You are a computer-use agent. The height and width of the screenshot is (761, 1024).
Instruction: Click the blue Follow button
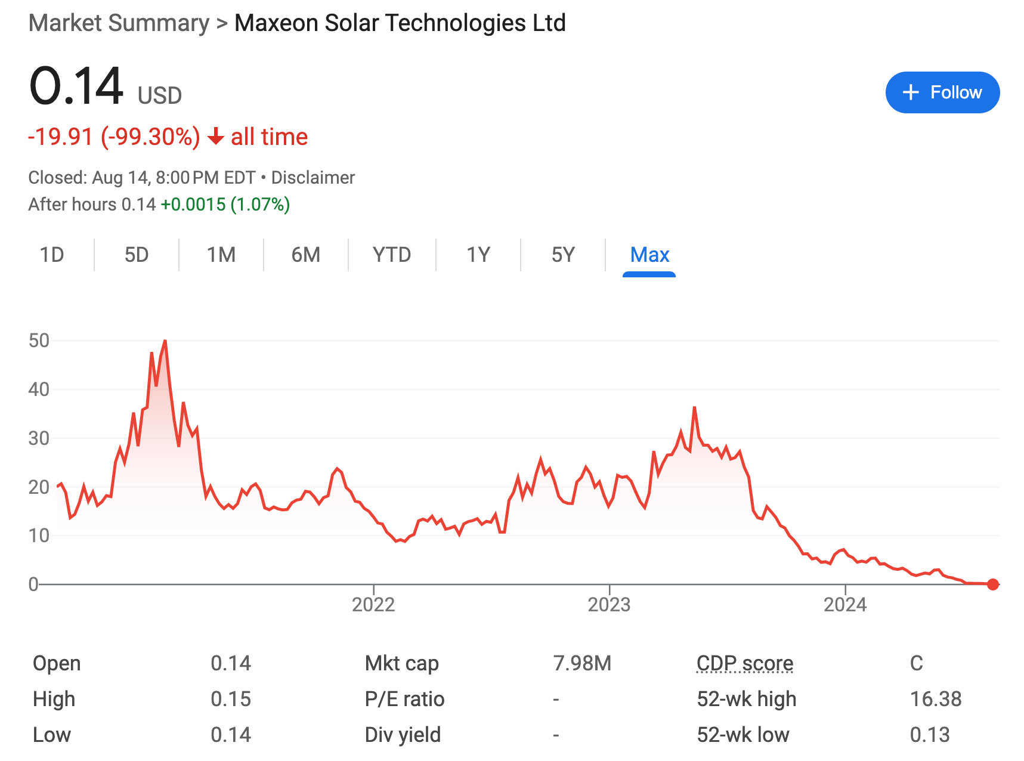click(x=942, y=92)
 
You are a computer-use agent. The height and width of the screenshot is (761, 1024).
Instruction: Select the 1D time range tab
click(x=52, y=255)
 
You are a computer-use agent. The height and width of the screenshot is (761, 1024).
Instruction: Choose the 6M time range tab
click(x=305, y=255)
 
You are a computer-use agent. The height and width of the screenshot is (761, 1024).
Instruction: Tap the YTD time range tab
click(x=391, y=255)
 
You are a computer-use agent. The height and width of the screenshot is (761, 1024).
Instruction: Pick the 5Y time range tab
click(x=562, y=255)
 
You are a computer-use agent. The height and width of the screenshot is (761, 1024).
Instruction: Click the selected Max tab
click(x=649, y=255)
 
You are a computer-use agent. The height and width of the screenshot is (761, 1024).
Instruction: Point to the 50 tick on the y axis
click(x=39, y=341)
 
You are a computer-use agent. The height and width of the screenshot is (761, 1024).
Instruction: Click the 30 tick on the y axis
click(x=39, y=438)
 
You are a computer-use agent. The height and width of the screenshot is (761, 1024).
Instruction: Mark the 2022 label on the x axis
click(x=373, y=605)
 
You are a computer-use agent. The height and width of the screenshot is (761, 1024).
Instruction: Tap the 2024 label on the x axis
click(x=845, y=605)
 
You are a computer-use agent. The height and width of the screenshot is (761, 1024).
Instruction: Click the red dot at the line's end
click(x=993, y=584)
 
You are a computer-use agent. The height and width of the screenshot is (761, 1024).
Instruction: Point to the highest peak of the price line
click(x=165, y=341)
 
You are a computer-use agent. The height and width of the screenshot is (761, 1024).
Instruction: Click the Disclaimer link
click(x=313, y=178)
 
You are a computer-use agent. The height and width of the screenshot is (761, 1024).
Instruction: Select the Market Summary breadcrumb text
click(x=119, y=23)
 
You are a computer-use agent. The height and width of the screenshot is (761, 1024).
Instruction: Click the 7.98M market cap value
click(x=582, y=663)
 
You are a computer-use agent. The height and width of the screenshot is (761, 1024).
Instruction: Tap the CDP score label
click(x=745, y=663)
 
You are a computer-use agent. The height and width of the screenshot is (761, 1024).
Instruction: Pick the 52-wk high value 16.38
click(x=936, y=699)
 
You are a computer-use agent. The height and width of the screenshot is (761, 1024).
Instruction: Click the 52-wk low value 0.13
click(x=930, y=735)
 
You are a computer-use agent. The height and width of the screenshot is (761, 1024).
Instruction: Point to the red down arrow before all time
click(x=215, y=137)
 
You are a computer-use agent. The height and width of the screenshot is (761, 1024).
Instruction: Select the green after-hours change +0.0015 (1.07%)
click(x=225, y=205)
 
